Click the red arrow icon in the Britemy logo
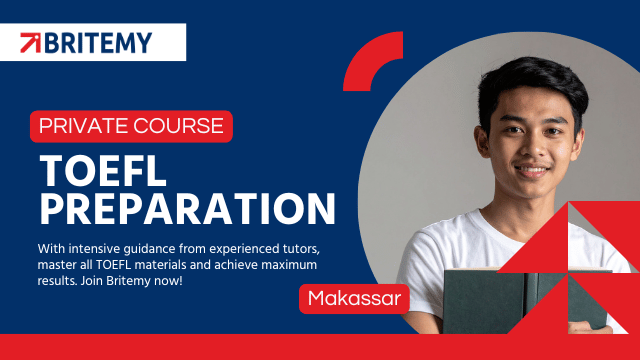tap(31, 42)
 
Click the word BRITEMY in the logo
tap(98, 43)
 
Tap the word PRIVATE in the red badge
tap(84, 126)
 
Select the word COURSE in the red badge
tap(178, 126)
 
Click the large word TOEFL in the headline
tap(103, 171)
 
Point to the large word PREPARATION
tap(187, 209)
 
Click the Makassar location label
tap(354, 298)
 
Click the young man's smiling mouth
tap(531, 170)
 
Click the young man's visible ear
tap(482, 141)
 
